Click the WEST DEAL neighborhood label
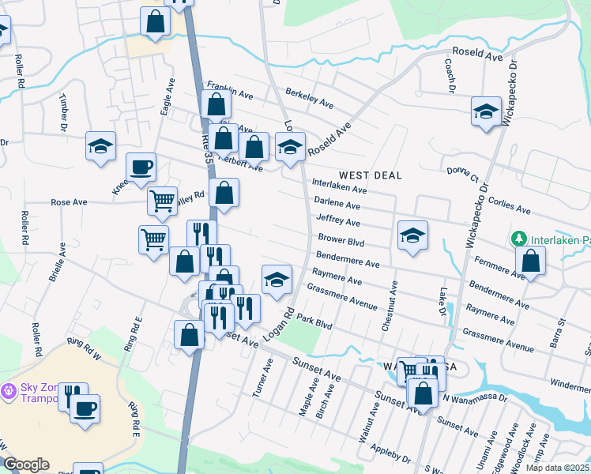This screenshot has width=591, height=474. click(371, 175)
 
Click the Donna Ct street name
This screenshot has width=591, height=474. click(463, 175)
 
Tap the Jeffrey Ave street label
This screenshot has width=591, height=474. click(337, 220)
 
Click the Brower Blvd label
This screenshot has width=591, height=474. click(341, 239)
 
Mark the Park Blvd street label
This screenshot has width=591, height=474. click(315, 322)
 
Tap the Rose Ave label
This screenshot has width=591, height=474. click(69, 202)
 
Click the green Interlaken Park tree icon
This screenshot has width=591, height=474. click(518, 238)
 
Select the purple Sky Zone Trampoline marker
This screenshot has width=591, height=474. click(9, 390)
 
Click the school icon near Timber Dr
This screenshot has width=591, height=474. click(101, 146)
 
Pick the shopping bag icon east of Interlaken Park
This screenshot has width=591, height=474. click(531, 261)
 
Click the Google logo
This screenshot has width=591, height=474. click(26, 465)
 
